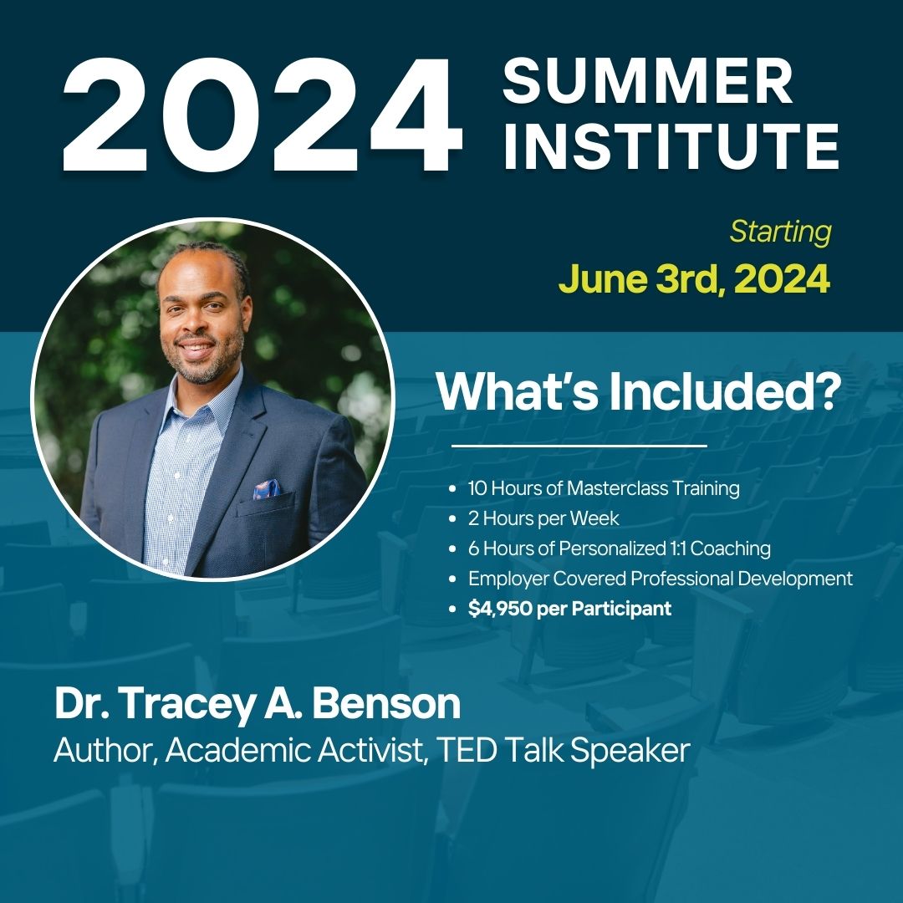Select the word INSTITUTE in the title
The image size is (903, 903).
pos(671,147)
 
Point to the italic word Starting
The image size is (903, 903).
pos(780,232)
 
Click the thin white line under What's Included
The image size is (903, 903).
pos(579,446)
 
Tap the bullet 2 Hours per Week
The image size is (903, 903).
pos(543,518)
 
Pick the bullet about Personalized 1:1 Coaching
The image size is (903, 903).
pos(619,548)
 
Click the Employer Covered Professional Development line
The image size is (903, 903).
pos(660,579)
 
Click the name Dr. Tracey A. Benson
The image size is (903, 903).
pos(258,704)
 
